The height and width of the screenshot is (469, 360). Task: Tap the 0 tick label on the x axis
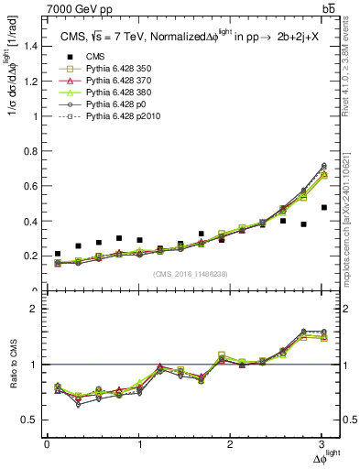(x=47, y=445)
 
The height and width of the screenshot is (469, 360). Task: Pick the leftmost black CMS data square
(x=58, y=254)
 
